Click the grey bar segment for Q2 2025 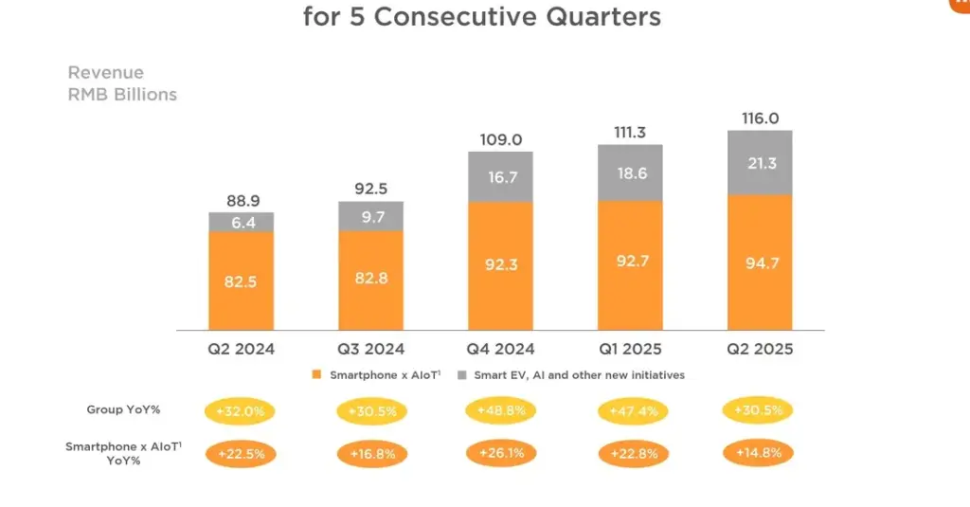[760, 163]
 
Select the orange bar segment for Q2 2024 [242, 281]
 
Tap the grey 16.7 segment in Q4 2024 [500, 177]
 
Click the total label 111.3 [630, 133]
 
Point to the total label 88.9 [242, 201]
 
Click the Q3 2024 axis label [370, 349]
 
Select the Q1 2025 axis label [630, 349]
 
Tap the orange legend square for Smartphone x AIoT [318, 375]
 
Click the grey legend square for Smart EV [462, 375]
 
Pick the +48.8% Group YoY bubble [500, 410]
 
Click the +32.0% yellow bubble [241, 412]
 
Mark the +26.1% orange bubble [500, 453]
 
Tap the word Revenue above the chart [106, 73]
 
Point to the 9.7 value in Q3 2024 [370, 217]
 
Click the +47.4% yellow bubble [630, 412]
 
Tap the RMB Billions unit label [122, 95]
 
